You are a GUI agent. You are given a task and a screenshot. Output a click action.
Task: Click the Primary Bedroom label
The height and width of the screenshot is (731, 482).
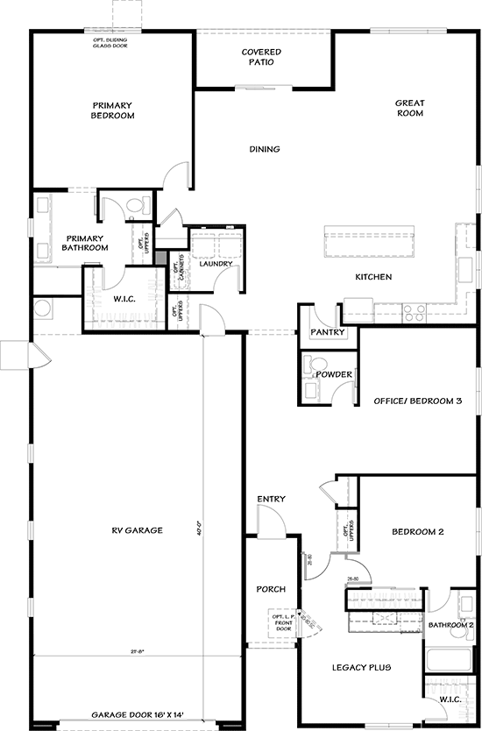[x=114, y=110]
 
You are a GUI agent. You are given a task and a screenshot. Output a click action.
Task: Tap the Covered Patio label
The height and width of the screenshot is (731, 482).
[x=261, y=58]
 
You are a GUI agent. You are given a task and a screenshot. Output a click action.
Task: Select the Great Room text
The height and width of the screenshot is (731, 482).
[x=409, y=108]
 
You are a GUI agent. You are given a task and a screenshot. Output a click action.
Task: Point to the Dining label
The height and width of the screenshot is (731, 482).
[x=264, y=149]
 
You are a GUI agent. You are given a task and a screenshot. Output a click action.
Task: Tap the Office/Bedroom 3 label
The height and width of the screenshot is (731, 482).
[x=417, y=401]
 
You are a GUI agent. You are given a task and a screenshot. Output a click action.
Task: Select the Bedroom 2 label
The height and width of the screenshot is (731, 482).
[x=418, y=532]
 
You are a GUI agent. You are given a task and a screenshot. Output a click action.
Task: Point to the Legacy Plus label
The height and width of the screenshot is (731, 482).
[x=363, y=668]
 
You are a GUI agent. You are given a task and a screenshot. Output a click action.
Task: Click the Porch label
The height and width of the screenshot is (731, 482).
[x=271, y=589]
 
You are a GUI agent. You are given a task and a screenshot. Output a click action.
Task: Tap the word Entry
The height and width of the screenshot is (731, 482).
[x=271, y=499]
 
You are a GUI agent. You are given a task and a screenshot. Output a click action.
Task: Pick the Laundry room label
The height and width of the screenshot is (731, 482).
[x=215, y=263]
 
